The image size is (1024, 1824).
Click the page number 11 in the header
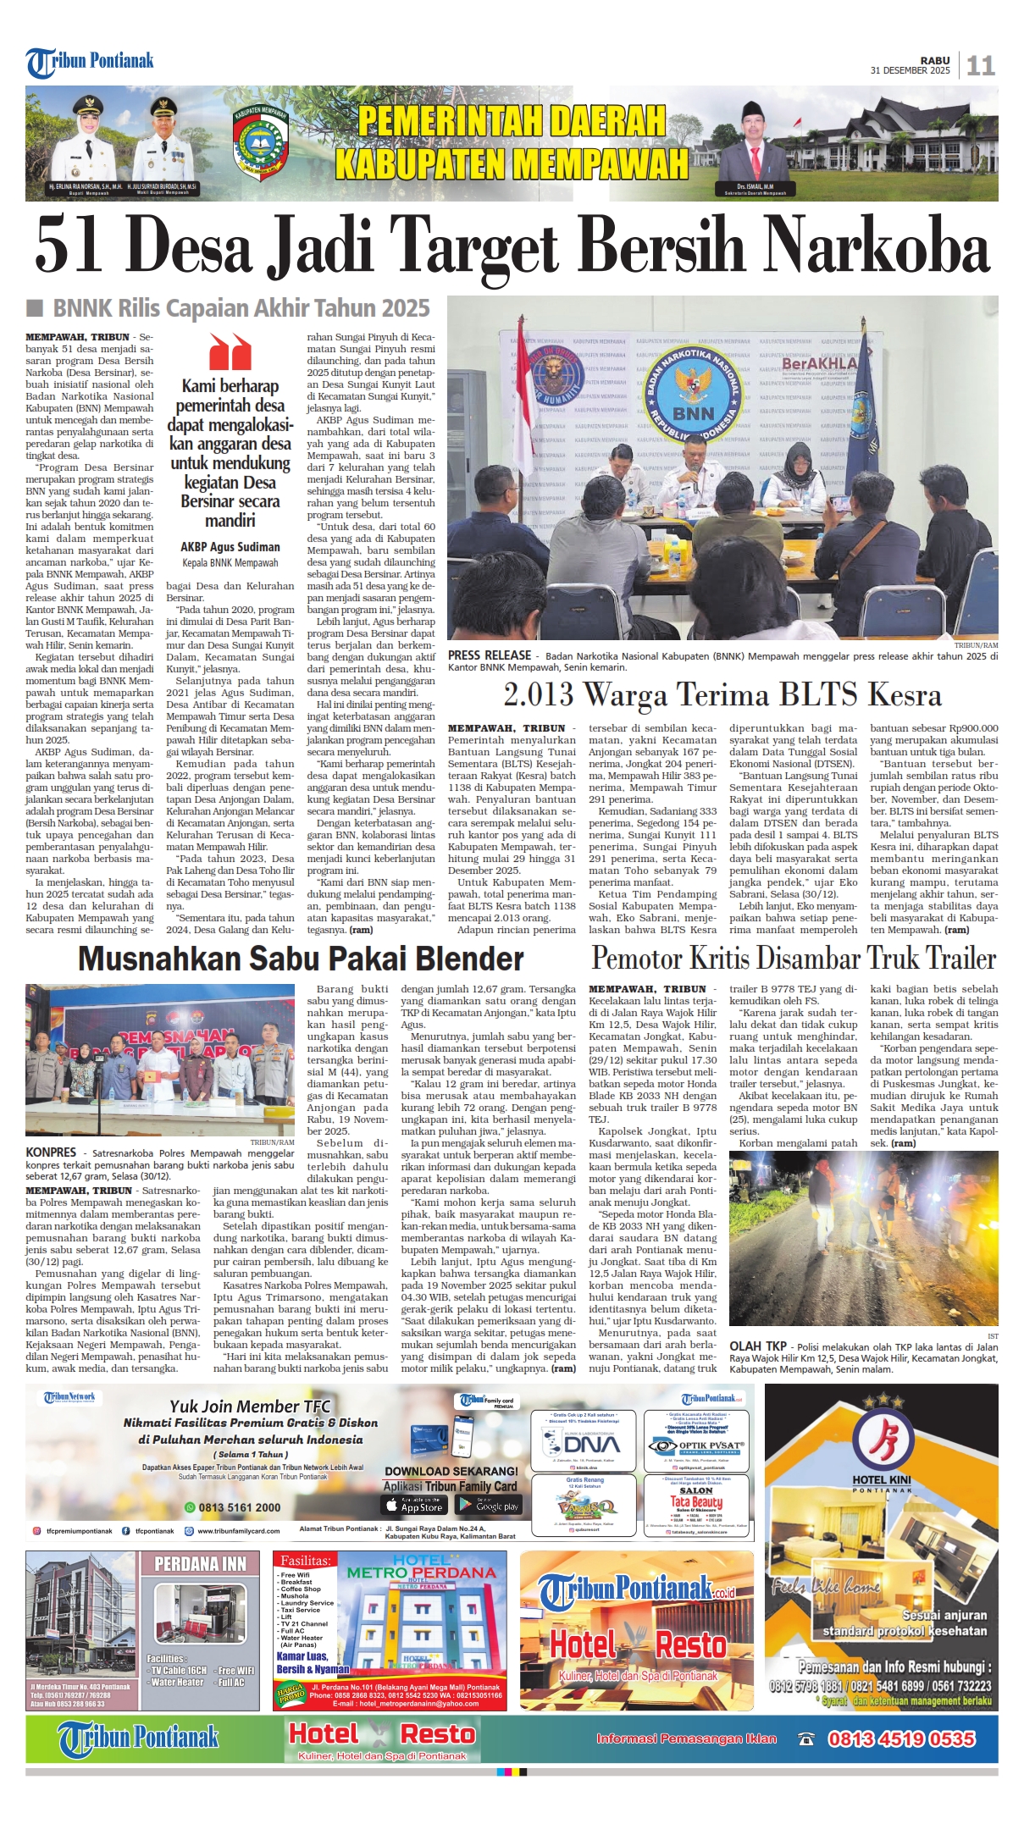[980, 65]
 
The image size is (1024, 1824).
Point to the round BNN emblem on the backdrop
[693, 390]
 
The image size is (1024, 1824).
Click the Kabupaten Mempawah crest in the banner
[260, 141]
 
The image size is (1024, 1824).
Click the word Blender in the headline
[451, 959]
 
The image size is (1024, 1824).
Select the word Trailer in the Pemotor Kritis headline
[960, 959]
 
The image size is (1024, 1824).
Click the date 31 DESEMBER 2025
[910, 71]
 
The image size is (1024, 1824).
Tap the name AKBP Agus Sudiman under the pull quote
[230, 547]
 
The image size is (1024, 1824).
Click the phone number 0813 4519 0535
[901, 1738]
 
